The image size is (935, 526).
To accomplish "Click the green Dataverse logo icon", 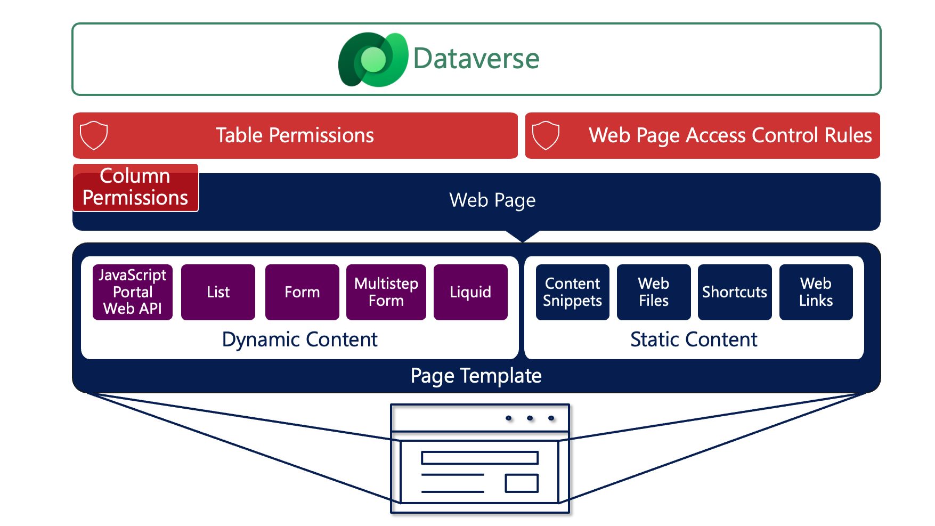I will (372, 59).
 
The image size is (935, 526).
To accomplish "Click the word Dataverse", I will (476, 59).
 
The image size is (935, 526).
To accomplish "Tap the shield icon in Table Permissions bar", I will (94, 135).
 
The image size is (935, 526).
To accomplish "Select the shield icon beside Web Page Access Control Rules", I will (546, 135).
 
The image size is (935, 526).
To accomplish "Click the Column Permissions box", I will (135, 188).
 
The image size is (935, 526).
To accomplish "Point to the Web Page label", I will (492, 200).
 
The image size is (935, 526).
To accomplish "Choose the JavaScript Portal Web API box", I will (133, 292).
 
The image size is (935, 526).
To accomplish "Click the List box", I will (218, 292).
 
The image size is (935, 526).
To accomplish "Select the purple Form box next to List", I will (302, 292).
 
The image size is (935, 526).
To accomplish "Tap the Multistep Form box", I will (386, 292).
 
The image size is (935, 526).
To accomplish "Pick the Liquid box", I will (470, 292).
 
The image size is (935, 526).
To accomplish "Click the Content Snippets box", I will (573, 292).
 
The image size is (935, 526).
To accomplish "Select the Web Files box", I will (654, 292).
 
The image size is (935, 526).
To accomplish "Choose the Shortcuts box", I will (735, 292).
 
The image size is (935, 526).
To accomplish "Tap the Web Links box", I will (816, 292).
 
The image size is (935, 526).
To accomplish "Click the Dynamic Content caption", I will (299, 339).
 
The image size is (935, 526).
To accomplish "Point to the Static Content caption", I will (694, 339).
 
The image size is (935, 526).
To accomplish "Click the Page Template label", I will (476, 376).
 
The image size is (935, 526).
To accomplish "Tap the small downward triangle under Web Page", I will (523, 236).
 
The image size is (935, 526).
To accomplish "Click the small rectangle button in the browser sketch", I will (522, 483).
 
